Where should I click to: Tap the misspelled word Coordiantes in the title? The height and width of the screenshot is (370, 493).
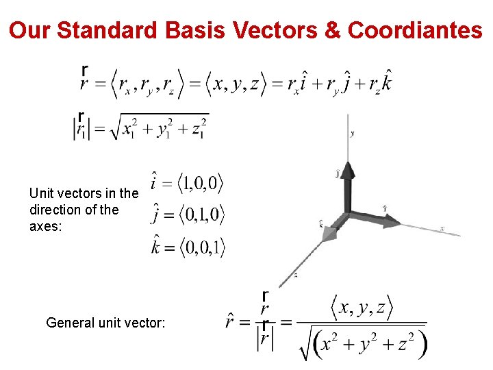coord(415,30)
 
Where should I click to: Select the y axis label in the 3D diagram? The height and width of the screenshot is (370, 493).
coord(352,134)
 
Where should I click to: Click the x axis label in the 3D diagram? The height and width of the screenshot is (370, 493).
coord(442,228)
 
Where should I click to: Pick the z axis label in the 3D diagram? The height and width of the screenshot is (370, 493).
coord(295,275)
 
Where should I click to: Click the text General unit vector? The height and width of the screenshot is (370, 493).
coord(105,322)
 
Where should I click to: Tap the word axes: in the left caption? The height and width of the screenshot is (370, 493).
coord(45,226)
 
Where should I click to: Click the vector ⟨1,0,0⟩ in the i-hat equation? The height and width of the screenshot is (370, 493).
coord(201,184)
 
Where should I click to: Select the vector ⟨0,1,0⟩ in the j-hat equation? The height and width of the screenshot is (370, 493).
coord(201,215)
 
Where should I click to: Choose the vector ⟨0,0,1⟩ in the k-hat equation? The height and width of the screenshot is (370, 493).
coord(201,247)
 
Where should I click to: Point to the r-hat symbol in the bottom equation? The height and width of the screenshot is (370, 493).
coord(233,321)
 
